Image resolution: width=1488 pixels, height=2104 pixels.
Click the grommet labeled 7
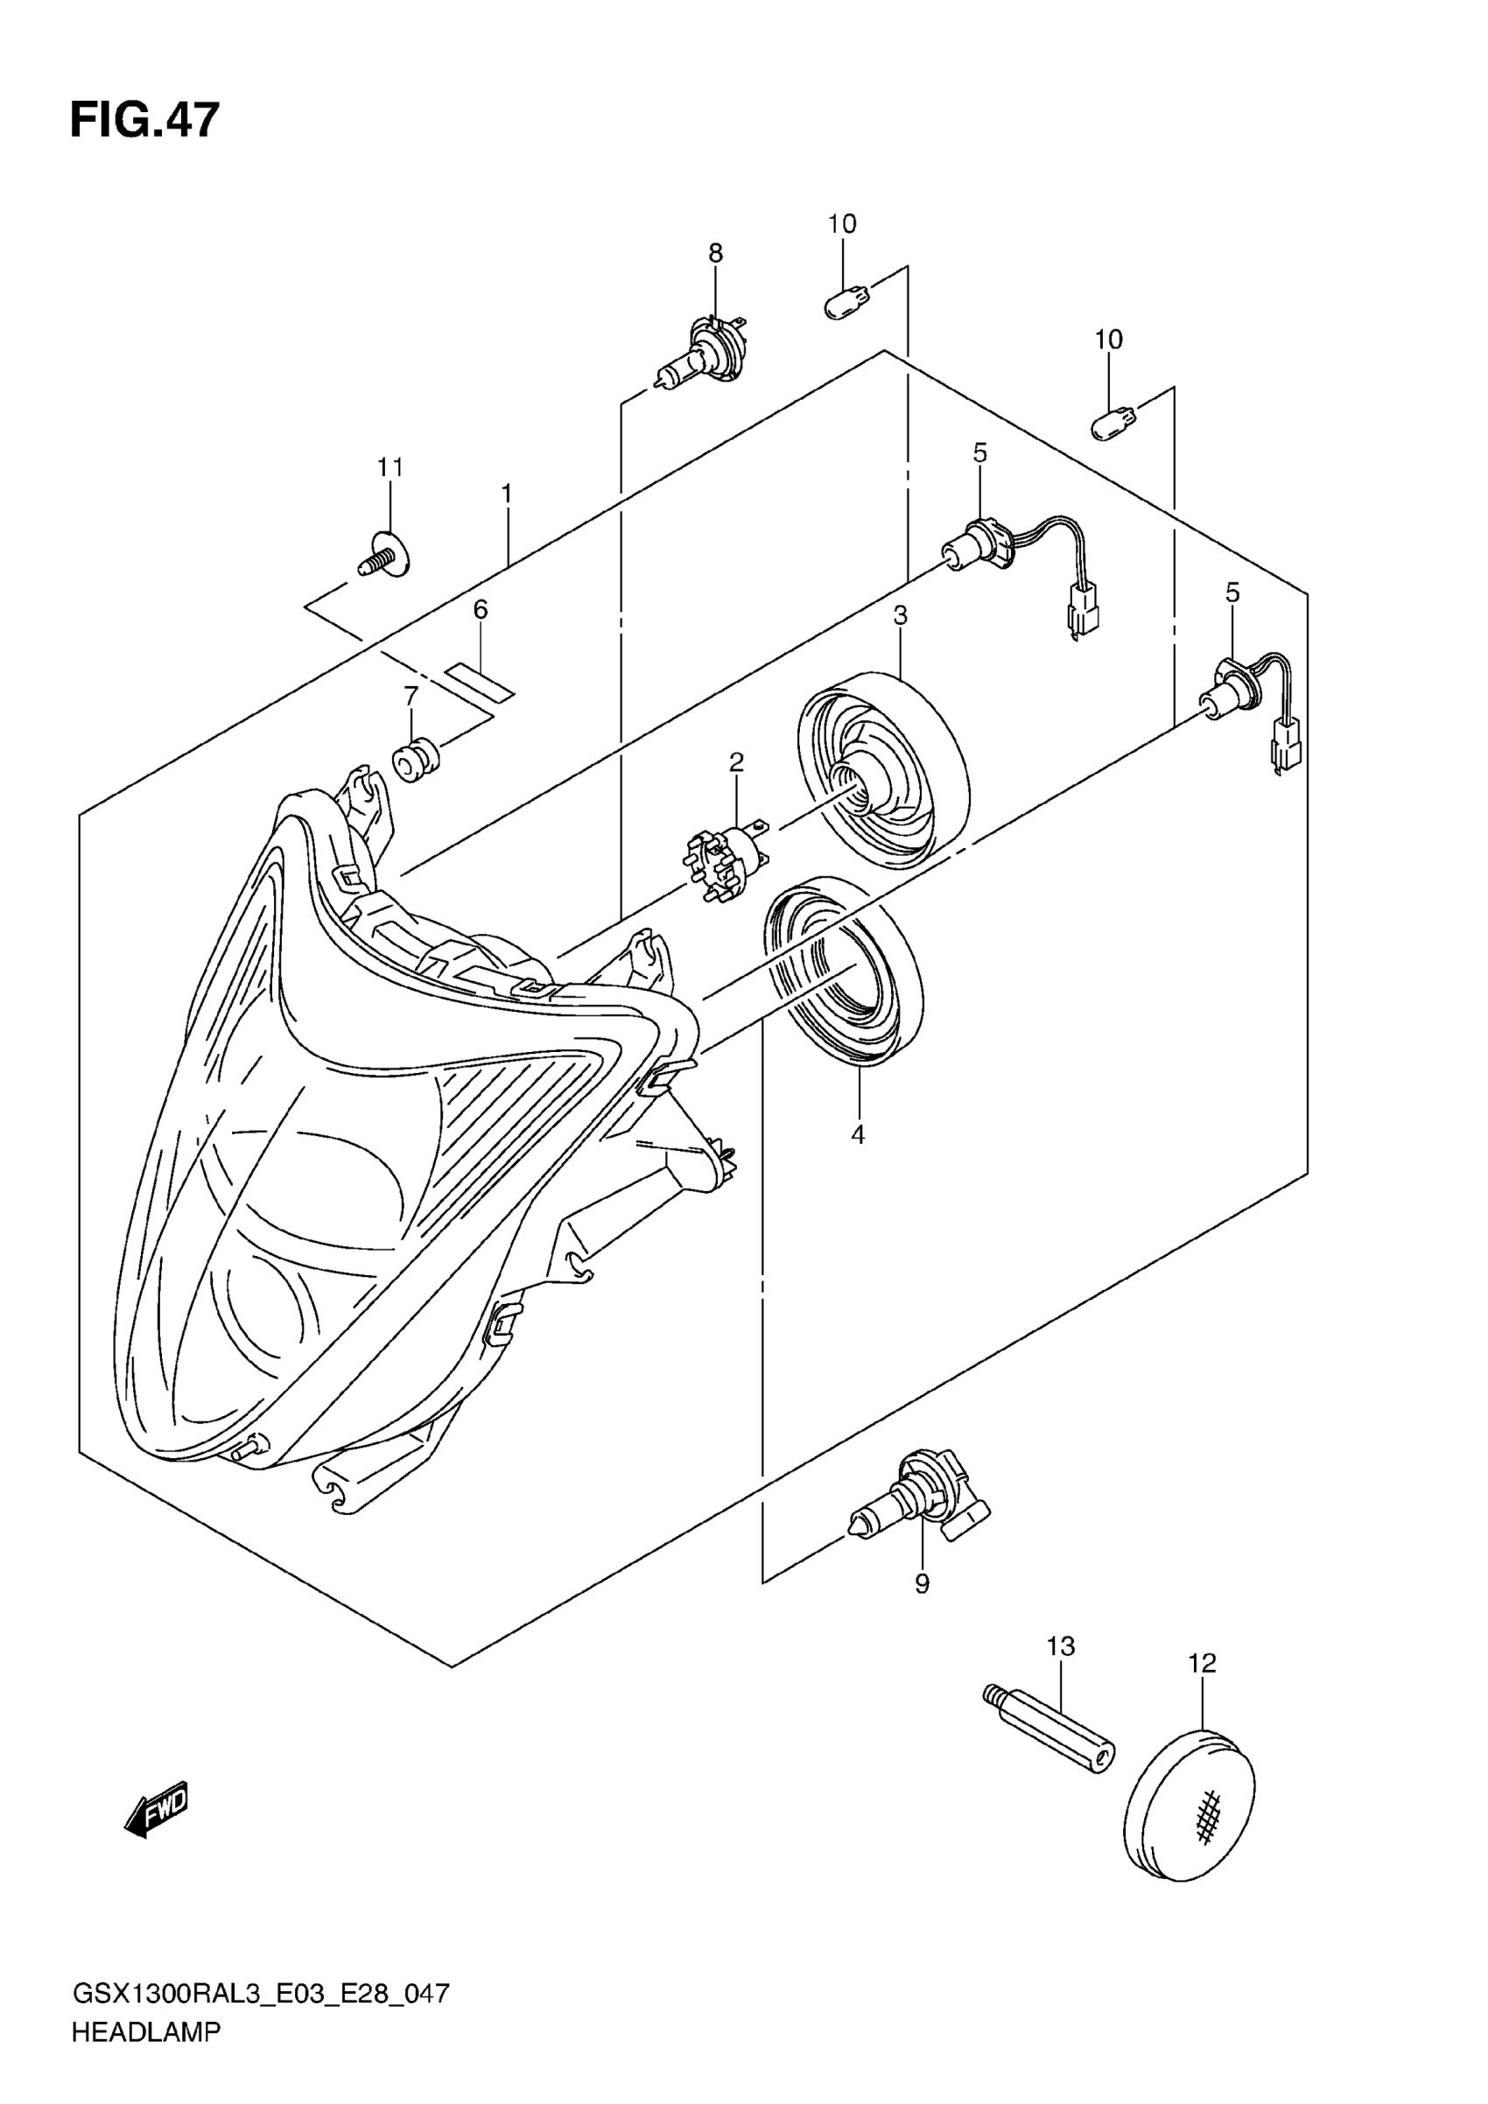click(x=416, y=760)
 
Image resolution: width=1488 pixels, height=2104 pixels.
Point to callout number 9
click(x=922, y=1582)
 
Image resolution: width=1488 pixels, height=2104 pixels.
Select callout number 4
click(x=858, y=1134)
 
